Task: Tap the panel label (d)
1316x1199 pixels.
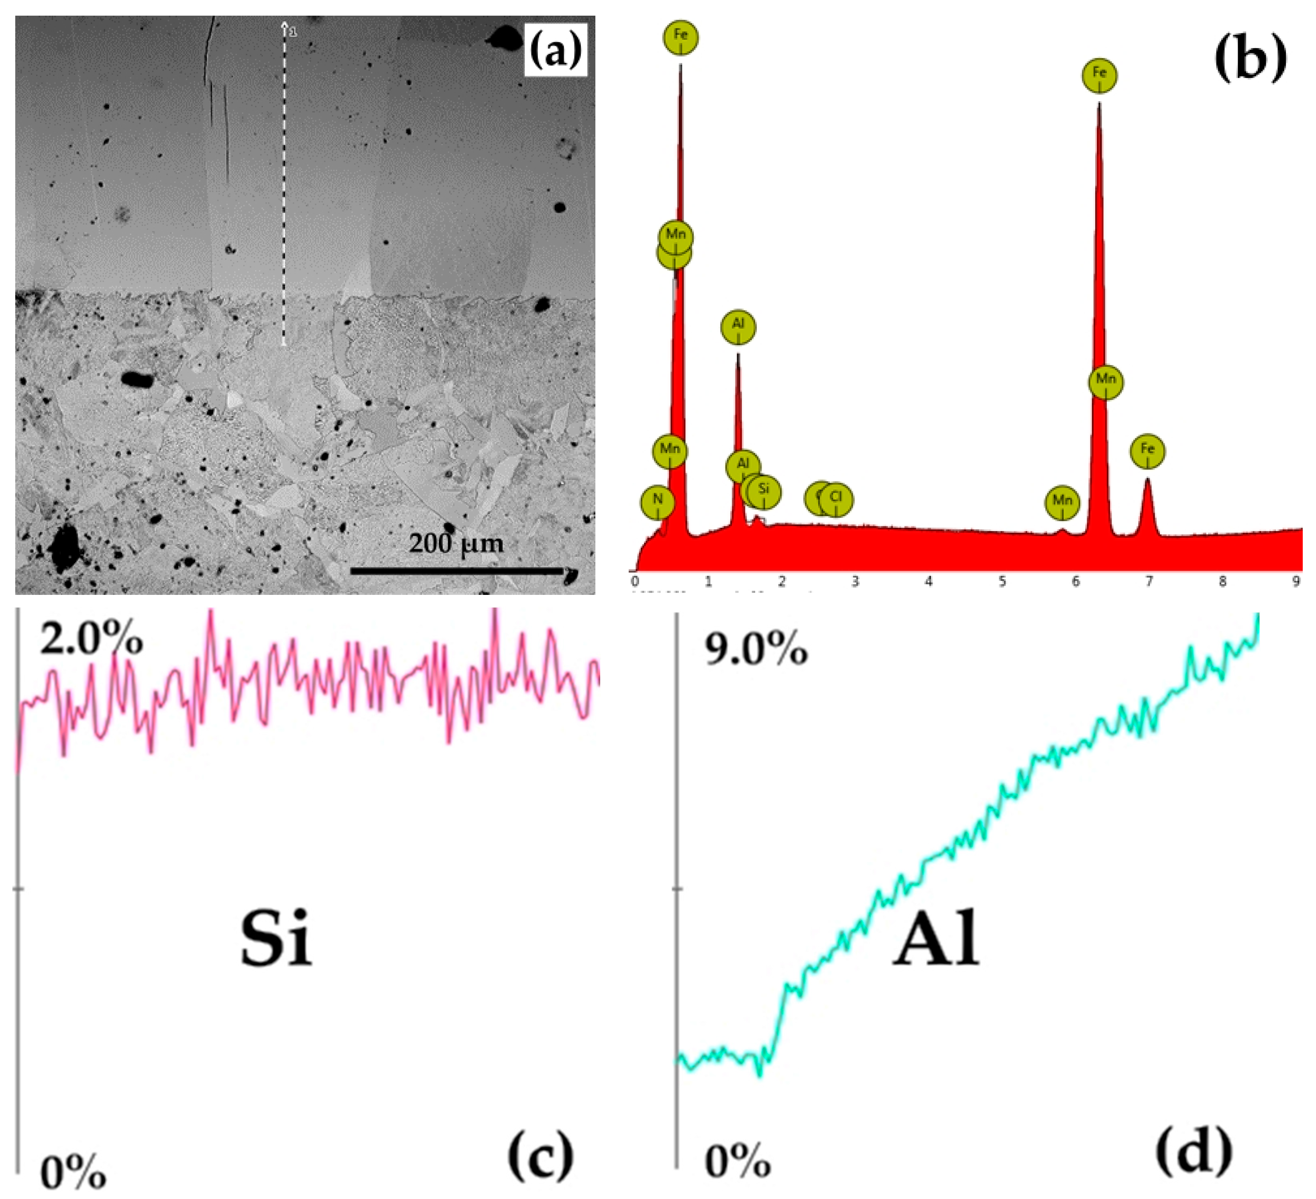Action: tap(1194, 1153)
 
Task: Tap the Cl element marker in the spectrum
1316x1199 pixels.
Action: tap(836, 498)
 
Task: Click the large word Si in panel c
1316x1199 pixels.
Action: tap(276, 938)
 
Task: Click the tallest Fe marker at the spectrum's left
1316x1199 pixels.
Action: tap(681, 35)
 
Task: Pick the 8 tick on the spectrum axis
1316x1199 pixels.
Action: tap(1222, 581)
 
